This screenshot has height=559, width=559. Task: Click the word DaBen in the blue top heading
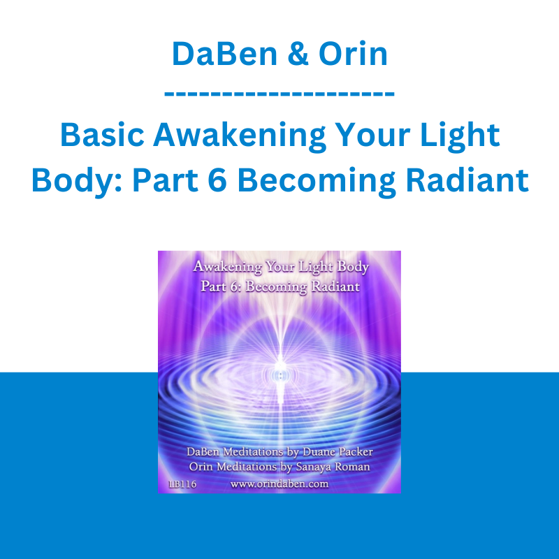(224, 54)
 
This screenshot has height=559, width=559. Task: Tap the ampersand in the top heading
(298, 54)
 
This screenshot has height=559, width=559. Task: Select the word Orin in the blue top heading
(353, 54)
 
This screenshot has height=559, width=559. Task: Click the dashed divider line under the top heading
(279, 94)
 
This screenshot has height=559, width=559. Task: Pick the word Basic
(102, 135)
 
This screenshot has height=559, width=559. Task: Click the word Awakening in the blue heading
(239, 136)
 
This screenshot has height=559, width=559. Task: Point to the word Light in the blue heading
(460, 136)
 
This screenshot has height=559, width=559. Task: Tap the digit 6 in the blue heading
(217, 180)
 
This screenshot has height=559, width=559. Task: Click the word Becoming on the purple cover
(276, 287)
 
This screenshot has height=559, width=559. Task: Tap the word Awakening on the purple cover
(228, 268)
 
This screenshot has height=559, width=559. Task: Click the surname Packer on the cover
(356, 452)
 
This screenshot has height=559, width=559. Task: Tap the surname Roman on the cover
(352, 467)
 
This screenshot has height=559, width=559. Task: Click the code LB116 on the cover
(182, 484)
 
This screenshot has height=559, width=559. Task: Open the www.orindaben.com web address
(279, 484)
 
